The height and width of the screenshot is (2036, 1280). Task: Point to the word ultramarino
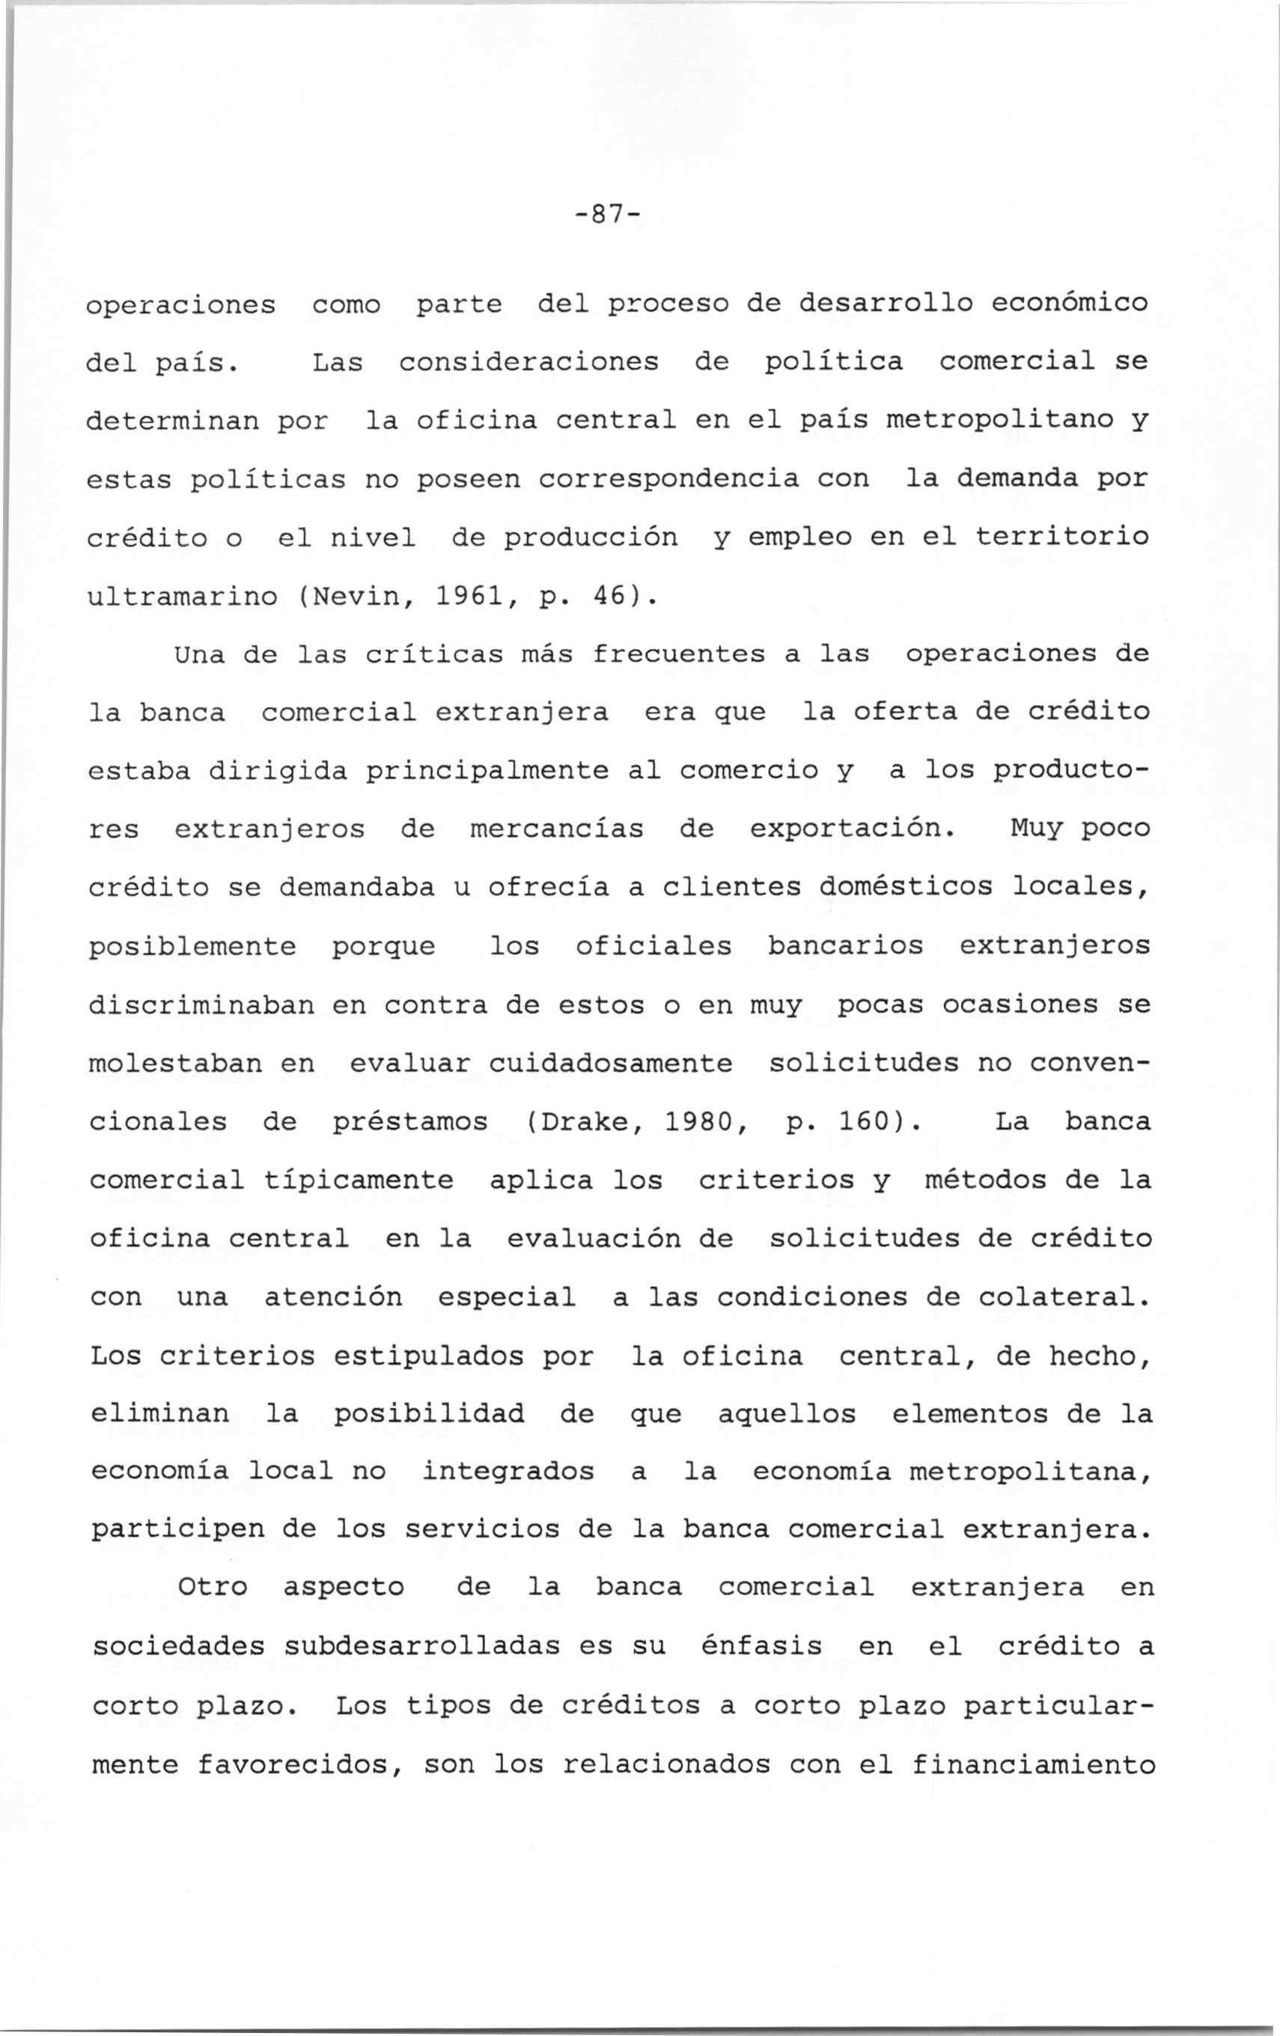coord(183,596)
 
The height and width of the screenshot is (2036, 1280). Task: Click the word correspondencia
coord(668,478)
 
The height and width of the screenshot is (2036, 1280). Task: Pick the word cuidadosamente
coord(610,1063)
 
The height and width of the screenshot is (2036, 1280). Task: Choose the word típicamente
coord(359,1180)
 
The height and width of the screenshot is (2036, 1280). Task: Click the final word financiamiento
coord(1033,1764)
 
